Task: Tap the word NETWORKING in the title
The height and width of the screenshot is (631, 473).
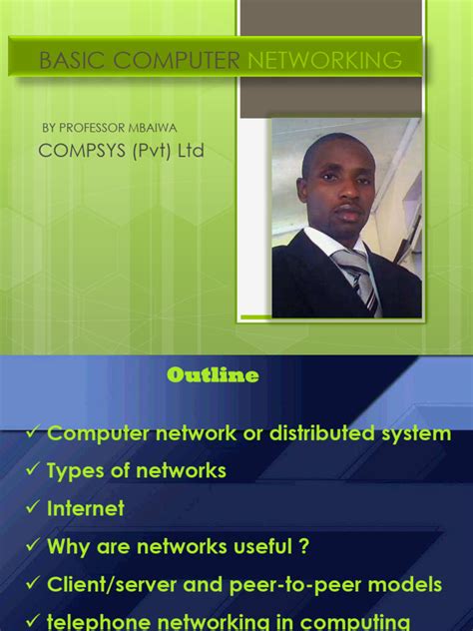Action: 322,61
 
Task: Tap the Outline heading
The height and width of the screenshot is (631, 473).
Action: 213,375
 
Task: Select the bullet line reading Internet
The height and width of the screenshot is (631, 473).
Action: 86,508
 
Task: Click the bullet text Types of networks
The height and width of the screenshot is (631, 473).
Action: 137,470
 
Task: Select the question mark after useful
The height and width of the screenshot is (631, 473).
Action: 302,546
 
